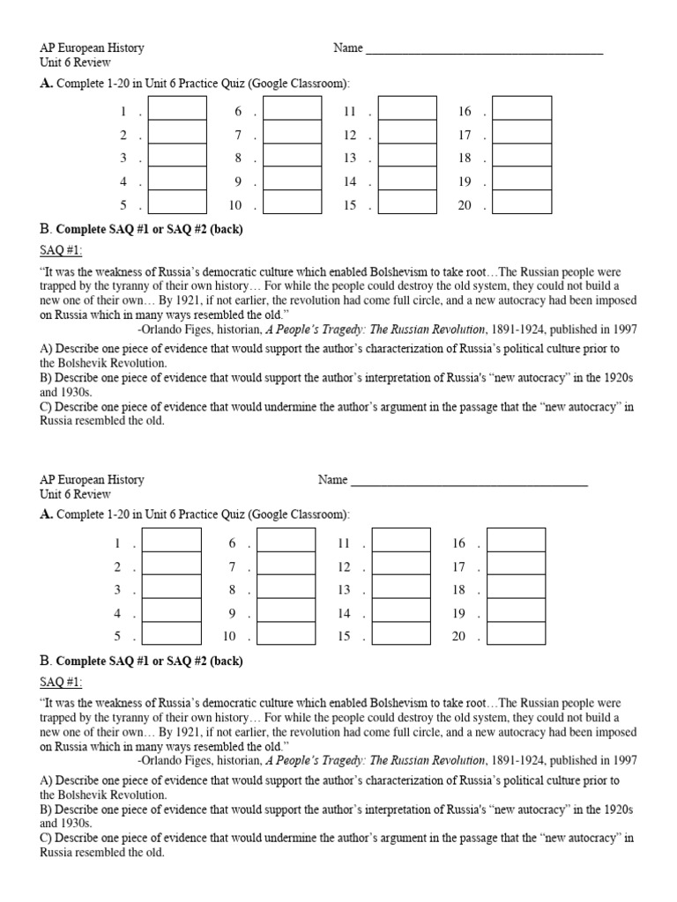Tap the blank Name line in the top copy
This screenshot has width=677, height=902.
[484, 49]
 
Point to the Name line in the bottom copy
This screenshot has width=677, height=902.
[468, 481]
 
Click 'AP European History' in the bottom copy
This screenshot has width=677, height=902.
[92, 480]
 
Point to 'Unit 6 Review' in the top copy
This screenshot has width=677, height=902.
[75, 63]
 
